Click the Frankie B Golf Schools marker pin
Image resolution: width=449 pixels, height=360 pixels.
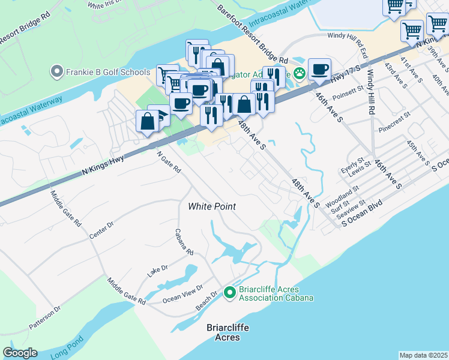coord(57,73)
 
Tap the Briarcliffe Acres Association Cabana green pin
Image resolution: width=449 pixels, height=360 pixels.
coord(229,293)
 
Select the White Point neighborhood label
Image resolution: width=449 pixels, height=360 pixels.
coord(212,206)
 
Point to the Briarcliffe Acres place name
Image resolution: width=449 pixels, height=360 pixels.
coord(228,332)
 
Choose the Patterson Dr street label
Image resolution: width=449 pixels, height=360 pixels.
coord(45,319)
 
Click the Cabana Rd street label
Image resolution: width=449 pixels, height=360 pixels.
coord(184,242)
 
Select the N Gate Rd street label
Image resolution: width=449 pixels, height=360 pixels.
coord(169,161)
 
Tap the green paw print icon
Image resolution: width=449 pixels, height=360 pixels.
coord(299,73)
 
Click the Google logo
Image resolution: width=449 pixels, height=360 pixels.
coord(20,353)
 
